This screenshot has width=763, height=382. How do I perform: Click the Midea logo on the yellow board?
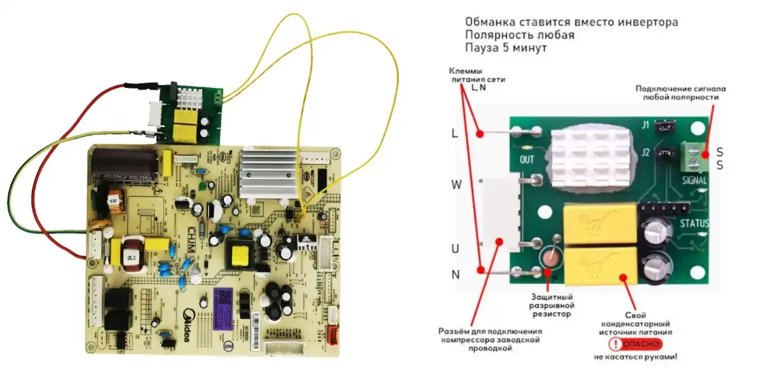189,325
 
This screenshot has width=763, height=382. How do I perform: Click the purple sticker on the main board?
226,301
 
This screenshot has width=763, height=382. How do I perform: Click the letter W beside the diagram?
455,185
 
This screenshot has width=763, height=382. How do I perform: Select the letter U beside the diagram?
455,249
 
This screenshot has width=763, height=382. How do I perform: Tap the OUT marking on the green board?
527,160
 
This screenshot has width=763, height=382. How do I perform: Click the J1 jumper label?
645,125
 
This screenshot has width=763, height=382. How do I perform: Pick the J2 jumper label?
645,152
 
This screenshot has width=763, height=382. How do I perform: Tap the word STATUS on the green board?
694,223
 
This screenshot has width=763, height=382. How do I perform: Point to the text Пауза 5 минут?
505,48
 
